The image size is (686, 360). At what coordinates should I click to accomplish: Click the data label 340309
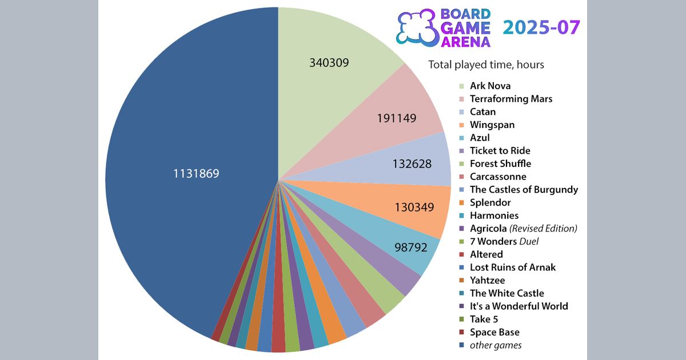coord(329,63)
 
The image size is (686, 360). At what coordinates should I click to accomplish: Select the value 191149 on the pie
coord(396,118)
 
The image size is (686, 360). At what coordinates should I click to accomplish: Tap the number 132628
coord(412,163)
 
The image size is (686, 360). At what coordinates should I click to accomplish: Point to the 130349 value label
coord(414,207)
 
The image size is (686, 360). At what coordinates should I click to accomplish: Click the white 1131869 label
coord(196,173)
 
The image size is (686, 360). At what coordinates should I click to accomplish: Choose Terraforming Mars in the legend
coord(510,99)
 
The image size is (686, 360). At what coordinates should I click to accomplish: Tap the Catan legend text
coord(482,112)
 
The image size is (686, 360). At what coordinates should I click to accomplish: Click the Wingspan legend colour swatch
coord(461,125)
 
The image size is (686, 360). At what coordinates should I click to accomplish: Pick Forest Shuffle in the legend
coord(500,163)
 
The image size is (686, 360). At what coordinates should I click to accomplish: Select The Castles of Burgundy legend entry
coord(524,190)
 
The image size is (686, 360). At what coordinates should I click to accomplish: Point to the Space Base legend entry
coord(494,332)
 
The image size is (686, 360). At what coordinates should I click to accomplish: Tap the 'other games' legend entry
coord(495,345)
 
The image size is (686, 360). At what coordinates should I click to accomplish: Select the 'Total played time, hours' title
coord(486,65)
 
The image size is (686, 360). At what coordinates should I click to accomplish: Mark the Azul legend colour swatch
coord(461,138)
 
